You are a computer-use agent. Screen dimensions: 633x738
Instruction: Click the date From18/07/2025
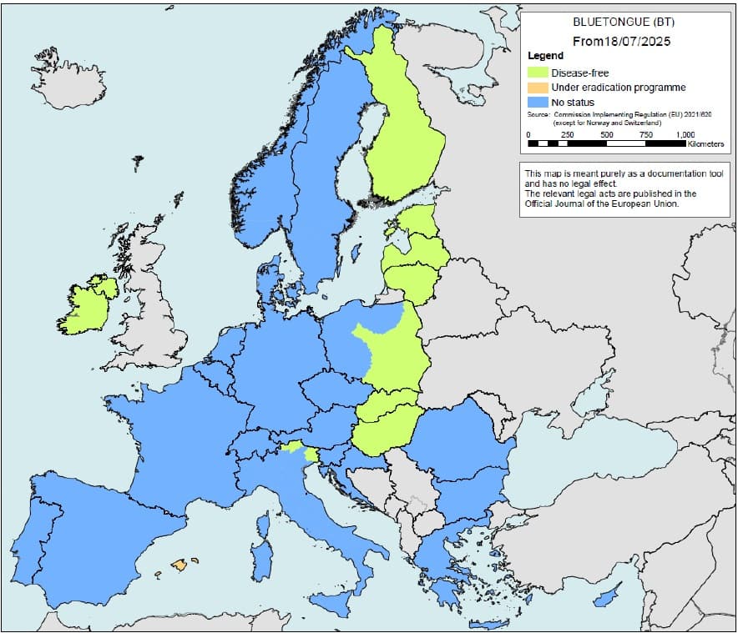coord(621,40)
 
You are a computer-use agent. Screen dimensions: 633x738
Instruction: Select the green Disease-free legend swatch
coord(538,73)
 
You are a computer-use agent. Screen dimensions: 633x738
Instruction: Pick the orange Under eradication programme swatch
coord(538,88)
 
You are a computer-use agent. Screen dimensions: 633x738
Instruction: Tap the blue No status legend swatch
coord(538,103)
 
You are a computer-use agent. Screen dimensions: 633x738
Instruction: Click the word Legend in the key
coord(546,56)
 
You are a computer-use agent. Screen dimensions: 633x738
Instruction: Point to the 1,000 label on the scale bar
coord(685,134)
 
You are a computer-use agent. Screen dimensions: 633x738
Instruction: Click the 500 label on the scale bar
coord(607,134)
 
